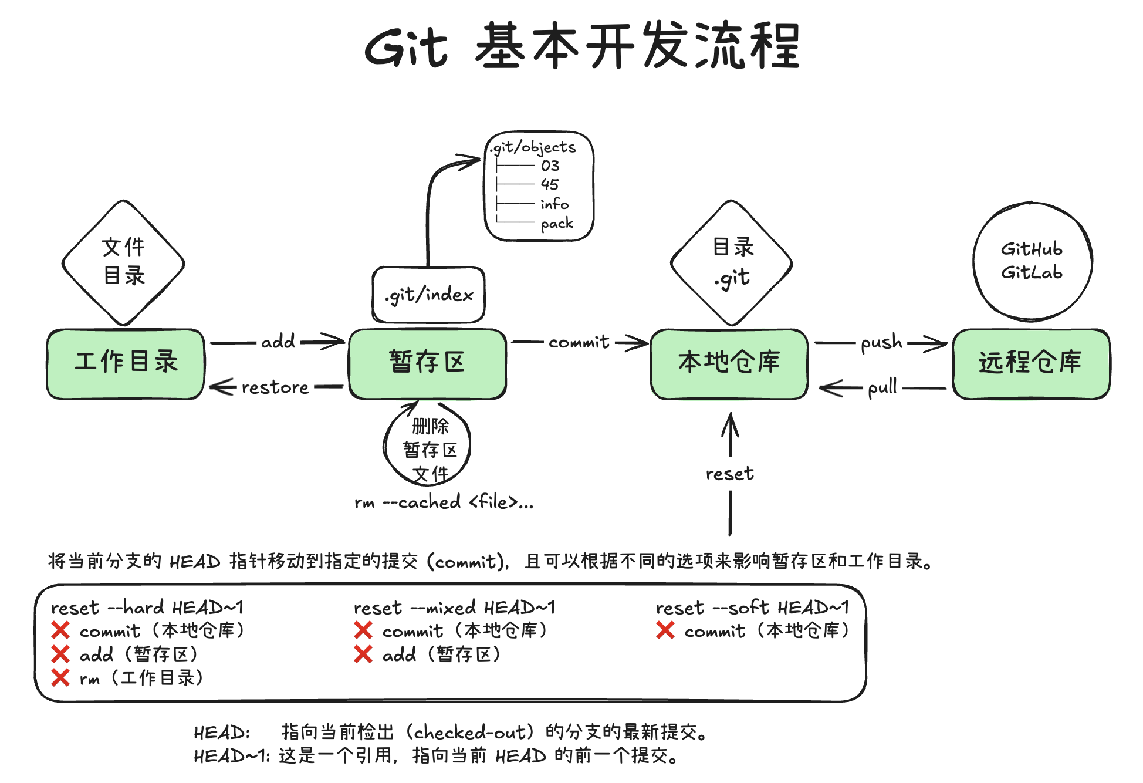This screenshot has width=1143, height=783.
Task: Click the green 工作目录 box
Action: click(126, 363)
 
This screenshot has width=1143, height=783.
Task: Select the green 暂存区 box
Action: click(427, 363)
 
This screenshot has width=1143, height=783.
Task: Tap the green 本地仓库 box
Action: click(729, 363)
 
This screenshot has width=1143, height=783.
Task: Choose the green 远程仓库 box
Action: click(1031, 363)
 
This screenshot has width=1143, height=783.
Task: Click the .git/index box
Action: click(429, 295)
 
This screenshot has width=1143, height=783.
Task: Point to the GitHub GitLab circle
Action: click(1032, 261)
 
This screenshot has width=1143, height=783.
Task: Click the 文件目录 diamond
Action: click(123, 262)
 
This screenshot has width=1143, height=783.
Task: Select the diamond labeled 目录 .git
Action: click(732, 262)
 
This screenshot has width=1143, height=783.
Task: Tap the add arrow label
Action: click(278, 342)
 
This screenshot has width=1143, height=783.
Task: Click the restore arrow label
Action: click(275, 387)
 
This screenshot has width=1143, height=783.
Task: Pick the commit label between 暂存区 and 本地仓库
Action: click(579, 342)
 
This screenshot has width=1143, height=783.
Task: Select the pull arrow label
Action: click(882, 387)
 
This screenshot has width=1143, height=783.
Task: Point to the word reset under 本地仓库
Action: click(729, 474)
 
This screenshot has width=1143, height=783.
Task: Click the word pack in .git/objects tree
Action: click(557, 224)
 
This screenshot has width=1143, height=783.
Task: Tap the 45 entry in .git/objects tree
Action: click(550, 184)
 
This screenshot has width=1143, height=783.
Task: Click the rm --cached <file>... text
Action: click(444, 502)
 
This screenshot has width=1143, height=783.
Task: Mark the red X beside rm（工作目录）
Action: click(60, 678)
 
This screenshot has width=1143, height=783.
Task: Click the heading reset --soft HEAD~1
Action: click(752, 607)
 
